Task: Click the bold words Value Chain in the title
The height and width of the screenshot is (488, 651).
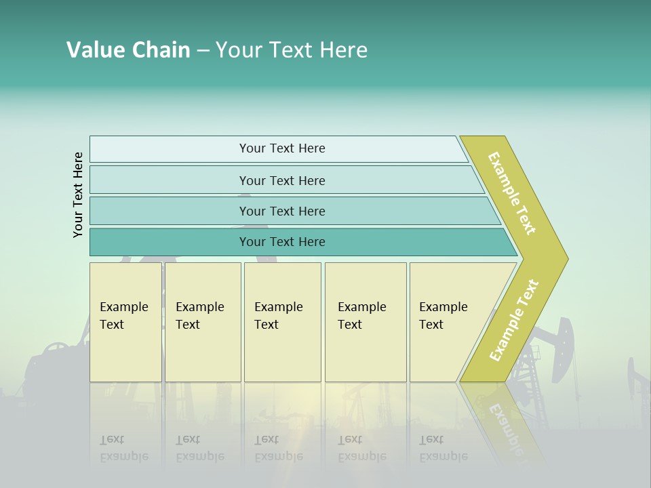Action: (x=128, y=50)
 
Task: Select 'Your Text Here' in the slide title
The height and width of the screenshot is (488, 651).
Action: (x=292, y=50)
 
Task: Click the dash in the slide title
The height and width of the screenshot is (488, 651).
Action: (x=203, y=51)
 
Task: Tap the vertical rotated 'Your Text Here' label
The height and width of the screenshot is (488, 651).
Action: (x=78, y=195)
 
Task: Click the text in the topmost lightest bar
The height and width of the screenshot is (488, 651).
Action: (x=282, y=148)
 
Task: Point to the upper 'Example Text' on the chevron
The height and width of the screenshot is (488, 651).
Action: (x=513, y=193)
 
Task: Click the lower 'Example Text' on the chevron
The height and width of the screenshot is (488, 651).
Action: (x=514, y=320)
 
